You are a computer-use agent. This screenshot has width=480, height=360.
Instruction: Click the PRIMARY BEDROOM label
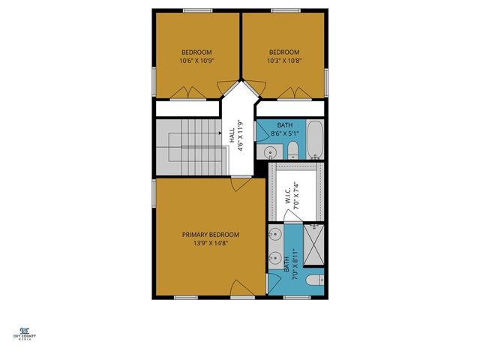coord(211,234)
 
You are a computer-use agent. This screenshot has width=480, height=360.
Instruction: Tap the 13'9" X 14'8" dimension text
coord(211,243)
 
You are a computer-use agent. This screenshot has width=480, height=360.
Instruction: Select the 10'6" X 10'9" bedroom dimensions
coord(197,60)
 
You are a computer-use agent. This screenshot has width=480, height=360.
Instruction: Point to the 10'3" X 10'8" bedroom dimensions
coord(284,60)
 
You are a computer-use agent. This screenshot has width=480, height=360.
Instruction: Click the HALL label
coord(230,135)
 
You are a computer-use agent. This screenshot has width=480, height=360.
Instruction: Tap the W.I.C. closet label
coord(288,199)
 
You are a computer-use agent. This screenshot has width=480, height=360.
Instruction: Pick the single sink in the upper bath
coord(271,152)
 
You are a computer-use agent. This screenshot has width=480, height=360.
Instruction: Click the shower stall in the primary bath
coord(314,239)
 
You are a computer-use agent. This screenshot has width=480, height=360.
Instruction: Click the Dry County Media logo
coord(24,332)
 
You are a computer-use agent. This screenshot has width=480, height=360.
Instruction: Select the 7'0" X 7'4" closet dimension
coord(297,199)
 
